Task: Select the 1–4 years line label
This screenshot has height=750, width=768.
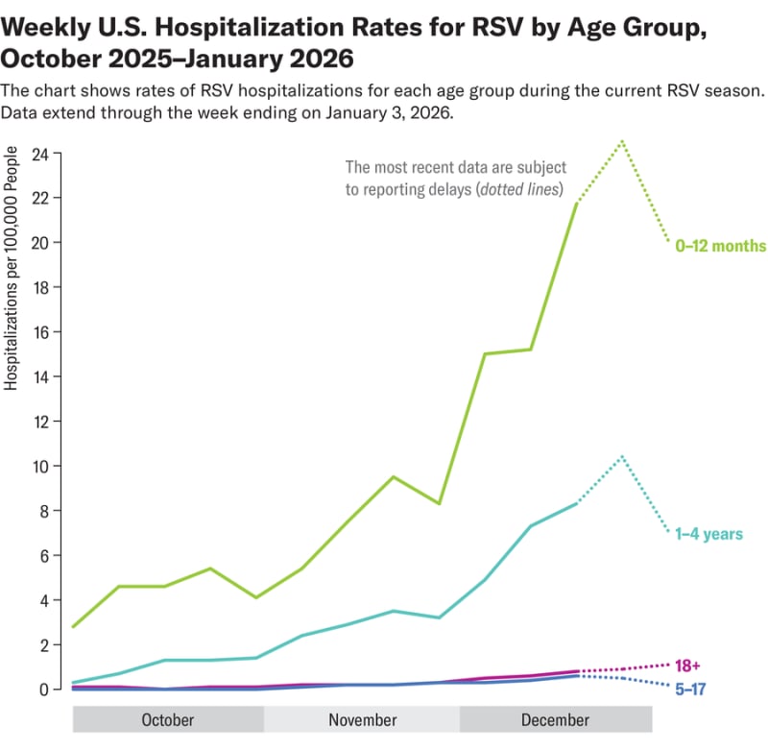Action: tap(709, 533)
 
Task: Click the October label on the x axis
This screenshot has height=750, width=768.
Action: tap(167, 720)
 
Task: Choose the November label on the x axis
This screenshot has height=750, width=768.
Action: tap(362, 720)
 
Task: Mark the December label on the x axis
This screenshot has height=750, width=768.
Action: tap(555, 720)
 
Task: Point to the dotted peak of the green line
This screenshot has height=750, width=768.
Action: tap(623, 141)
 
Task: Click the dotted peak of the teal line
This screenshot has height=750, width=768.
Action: tap(623, 456)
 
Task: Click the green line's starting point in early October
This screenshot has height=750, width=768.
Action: tap(74, 627)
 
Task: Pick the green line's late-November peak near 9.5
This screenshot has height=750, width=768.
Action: tap(393, 476)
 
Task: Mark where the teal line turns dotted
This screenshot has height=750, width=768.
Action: tap(576, 503)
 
